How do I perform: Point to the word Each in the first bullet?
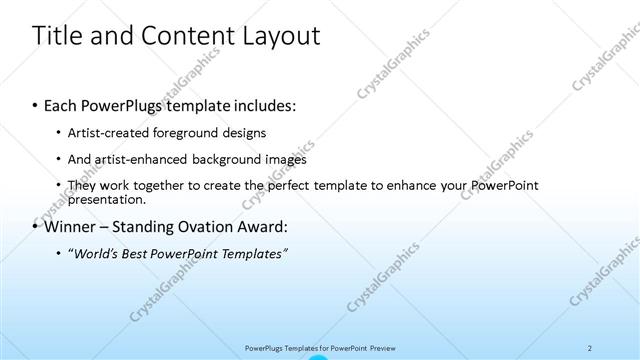pos(62,105)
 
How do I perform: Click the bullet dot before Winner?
pos(36,226)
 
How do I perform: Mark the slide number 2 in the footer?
pos(590,347)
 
